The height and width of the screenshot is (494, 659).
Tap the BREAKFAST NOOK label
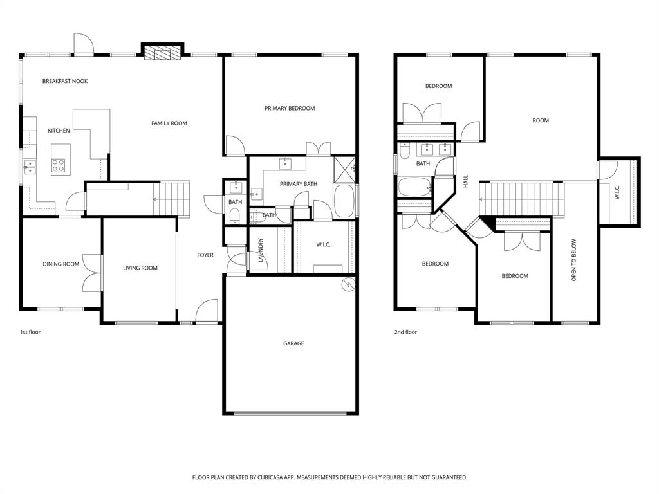(65, 81)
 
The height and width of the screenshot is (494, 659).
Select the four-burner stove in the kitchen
(59, 166)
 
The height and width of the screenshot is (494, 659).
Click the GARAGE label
(293, 343)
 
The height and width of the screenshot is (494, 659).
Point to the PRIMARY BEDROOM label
(290, 108)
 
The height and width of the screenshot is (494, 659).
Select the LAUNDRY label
(261, 250)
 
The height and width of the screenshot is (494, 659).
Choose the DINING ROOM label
(61, 264)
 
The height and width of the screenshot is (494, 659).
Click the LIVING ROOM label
(140, 268)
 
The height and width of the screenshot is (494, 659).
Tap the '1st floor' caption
(30, 332)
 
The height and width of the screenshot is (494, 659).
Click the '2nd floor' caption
(405, 332)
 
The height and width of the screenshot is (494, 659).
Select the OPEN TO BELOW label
(574, 261)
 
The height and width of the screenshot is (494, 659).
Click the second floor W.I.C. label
(617, 193)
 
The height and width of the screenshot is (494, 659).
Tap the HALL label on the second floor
(465, 182)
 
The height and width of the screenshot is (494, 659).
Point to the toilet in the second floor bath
(404, 152)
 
